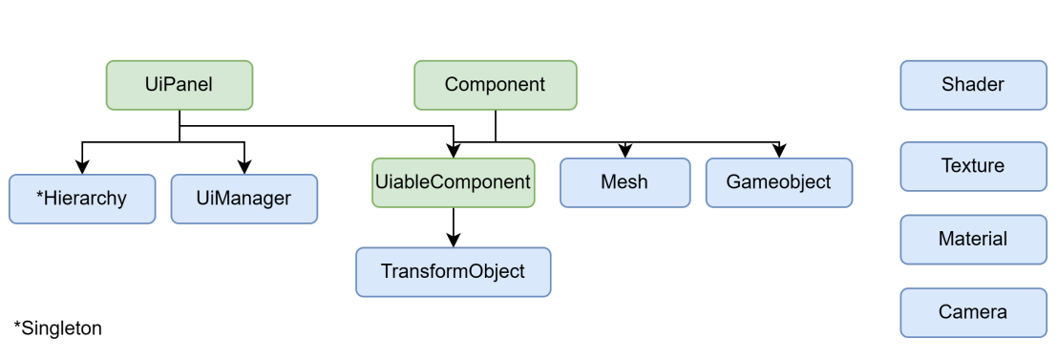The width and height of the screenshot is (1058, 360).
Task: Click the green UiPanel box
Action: coord(180,85)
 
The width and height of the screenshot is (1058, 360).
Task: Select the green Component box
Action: coord(495,85)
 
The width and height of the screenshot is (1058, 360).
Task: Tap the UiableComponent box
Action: coord(453,181)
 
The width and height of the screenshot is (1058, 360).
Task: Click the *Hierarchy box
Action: coord(82,199)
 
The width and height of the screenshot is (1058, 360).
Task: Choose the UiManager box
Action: coord(244,199)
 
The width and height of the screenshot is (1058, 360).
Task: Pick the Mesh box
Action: coord(624,181)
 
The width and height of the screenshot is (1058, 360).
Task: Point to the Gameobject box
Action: coord(779,181)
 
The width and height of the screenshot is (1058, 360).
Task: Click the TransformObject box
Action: coord(453,271)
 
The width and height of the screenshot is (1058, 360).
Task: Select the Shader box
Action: coord(973,85)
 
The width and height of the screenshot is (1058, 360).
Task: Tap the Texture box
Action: coord(973,166)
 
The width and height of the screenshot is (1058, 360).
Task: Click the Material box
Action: coord(973,239)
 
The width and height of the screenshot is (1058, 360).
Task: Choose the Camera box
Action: coord(973,312)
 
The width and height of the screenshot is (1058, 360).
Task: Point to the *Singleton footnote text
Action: coord(58,328)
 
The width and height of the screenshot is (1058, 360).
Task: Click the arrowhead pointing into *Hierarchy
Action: coord(83,167)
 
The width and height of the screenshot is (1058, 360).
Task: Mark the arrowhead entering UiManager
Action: coord(244,167)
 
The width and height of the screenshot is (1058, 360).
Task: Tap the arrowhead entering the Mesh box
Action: coord(624,151)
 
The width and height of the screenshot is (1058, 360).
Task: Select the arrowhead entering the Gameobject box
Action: coord(779,151)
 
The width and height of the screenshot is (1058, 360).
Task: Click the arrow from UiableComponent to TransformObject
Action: coord(453,226)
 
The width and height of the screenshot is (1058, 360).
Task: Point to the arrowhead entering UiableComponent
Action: coord(453,151)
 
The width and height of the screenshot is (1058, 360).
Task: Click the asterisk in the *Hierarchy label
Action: coord(40,196)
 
